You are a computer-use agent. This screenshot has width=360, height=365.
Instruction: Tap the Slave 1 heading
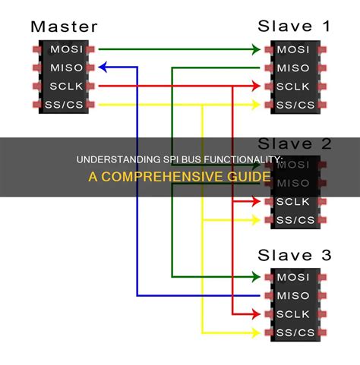295,27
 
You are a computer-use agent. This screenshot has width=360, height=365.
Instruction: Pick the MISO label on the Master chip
62,68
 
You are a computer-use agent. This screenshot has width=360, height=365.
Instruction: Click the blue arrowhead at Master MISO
103,68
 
